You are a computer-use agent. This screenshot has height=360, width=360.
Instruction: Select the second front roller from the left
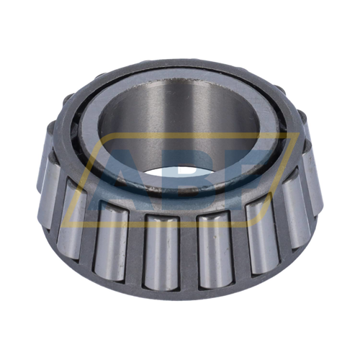tap(72, 216)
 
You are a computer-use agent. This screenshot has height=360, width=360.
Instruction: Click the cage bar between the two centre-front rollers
tap(187, 248)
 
